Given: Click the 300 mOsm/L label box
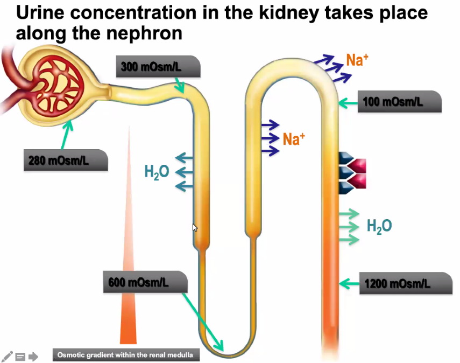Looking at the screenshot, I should coord(158,67).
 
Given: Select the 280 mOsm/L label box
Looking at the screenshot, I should coord(65,160).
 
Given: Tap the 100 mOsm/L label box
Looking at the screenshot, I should coord(400,102).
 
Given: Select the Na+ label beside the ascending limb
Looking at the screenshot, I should coord(294,139).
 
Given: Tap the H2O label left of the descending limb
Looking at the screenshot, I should coord(157,172).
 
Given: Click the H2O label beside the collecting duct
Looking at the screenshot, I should coord(379,226).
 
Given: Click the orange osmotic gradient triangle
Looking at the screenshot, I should coord(129,302).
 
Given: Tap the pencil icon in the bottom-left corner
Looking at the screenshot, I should coord(7,356).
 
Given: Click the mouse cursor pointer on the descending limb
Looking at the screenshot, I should coord(195,227).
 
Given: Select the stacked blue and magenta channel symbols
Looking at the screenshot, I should coord(352,173).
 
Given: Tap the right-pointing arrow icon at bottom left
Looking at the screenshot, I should coord(33,356).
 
